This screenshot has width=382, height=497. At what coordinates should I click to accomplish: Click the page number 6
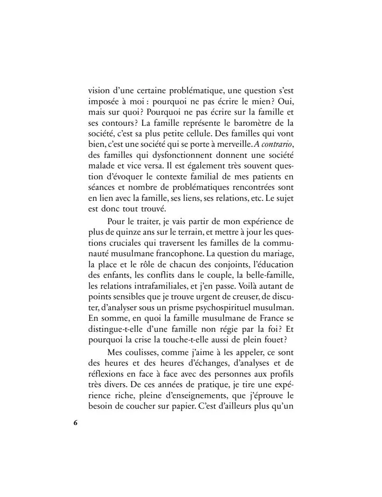click(76, 423)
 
